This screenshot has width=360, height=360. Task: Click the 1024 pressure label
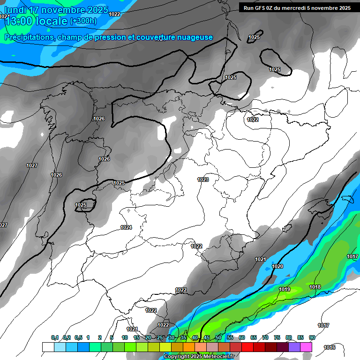126,227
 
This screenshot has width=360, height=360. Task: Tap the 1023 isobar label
203,180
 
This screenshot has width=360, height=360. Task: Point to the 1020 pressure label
277,266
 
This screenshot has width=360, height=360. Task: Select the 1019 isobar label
284,289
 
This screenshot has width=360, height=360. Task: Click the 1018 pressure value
315,287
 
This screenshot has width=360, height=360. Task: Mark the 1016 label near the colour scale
330,347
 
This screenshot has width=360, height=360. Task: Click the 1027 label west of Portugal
32,165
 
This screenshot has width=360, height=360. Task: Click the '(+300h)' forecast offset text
83,21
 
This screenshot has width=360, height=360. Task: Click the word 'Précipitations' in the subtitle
29,37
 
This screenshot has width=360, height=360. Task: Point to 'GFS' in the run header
263,7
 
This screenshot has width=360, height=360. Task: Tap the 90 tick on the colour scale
312,337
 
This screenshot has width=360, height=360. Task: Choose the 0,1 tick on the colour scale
55,337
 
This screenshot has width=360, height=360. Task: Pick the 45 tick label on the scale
207,337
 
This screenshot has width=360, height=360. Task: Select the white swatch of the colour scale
48,347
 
